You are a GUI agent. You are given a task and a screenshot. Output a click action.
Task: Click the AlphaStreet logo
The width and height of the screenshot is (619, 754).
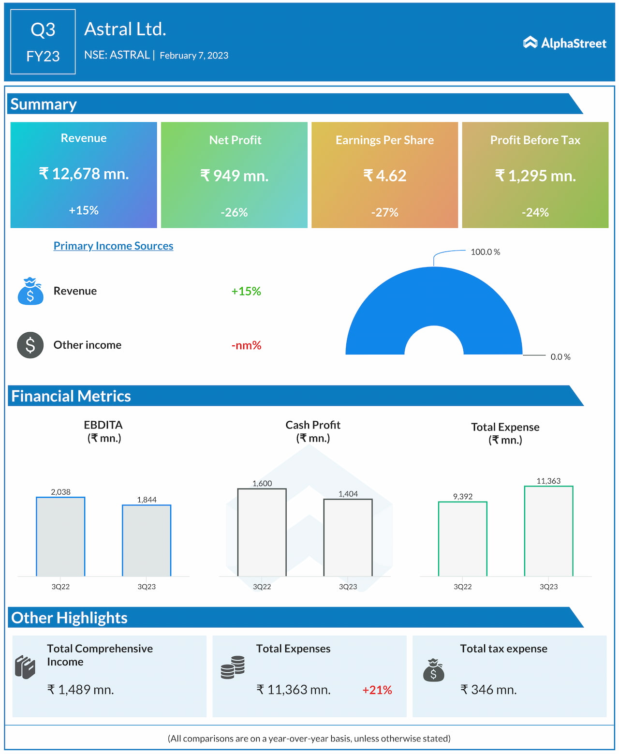564,43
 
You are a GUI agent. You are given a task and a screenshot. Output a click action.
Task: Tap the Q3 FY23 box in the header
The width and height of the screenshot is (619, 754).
43,42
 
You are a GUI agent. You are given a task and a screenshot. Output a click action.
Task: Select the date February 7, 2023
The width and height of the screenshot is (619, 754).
194,56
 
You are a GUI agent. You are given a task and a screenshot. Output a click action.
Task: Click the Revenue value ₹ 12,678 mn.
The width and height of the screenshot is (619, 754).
84,174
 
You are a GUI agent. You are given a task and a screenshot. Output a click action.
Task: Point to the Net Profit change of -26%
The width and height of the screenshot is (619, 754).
234,212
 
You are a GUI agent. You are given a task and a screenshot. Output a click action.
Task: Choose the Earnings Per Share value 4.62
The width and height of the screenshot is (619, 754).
385,176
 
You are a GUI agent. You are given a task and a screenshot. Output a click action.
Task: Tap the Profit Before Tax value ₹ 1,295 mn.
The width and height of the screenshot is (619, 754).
535,176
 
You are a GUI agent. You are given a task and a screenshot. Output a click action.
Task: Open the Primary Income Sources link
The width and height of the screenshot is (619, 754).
113,246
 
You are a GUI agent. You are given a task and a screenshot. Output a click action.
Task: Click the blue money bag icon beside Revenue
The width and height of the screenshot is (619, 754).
30,291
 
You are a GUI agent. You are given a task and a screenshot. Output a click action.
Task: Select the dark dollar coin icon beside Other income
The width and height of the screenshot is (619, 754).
30,345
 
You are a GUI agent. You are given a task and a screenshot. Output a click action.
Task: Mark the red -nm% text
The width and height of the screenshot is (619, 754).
246,345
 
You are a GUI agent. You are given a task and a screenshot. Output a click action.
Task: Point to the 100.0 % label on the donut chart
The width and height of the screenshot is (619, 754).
485,252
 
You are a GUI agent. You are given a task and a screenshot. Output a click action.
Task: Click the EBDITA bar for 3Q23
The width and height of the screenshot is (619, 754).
147,540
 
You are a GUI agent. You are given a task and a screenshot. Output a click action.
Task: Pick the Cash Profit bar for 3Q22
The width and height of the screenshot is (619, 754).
262,532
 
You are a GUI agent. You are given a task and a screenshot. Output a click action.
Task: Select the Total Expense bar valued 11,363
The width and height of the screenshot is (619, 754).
548,531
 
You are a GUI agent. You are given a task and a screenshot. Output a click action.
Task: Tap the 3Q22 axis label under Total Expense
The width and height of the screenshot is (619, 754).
462,587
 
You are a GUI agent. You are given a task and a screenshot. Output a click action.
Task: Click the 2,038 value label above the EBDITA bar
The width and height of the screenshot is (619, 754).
60,492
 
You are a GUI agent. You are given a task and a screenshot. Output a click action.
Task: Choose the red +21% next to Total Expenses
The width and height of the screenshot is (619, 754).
377,690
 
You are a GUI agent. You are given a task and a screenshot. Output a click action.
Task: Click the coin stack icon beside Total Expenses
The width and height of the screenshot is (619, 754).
233,667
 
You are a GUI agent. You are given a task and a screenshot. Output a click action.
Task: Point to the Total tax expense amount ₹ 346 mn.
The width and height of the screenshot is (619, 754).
488,690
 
